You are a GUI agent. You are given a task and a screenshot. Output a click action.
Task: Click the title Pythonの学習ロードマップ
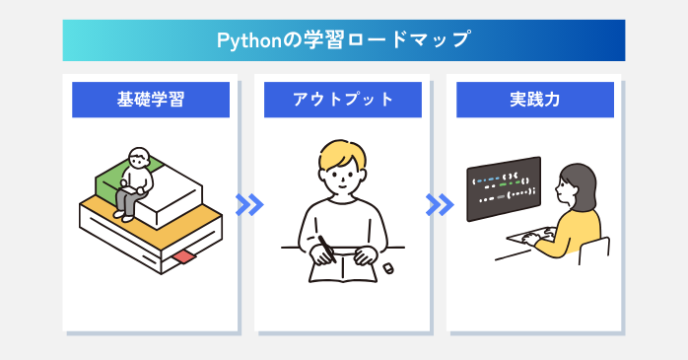pos(343,41)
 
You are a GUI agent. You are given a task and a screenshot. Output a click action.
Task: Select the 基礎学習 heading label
pos(150,100)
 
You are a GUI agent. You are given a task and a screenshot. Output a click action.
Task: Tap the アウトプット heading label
pos(343,100)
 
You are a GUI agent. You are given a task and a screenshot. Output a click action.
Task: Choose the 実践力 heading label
pos(535,100)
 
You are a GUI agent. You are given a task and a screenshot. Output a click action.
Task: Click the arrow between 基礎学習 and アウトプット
pos(249,204)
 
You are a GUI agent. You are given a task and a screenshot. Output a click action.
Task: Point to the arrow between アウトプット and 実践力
pos(440,204)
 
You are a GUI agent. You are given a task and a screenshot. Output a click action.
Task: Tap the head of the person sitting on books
pos(140,160)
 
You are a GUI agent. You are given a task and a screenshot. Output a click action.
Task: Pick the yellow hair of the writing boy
pos(341,157)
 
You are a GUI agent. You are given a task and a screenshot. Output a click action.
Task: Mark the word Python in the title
pos(241,41)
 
